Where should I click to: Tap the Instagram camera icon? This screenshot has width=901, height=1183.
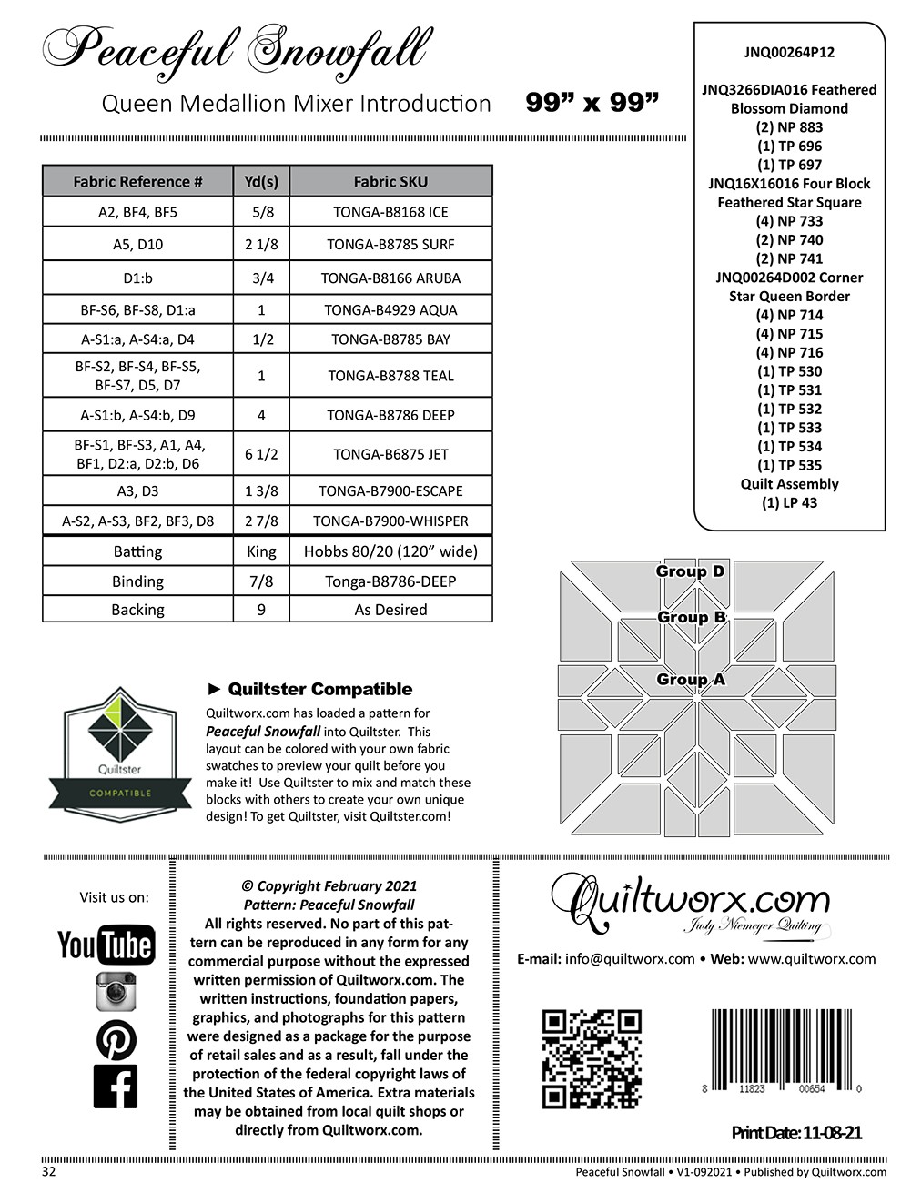pos(116,991)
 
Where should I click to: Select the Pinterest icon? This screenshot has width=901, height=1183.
pos(116,1039)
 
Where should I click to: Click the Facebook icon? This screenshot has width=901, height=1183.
pos(116,1087)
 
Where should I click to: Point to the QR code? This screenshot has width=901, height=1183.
pos(592,1058)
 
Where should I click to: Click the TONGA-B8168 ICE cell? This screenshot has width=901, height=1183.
pos(390,212)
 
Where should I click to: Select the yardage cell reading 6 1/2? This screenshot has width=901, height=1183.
pos(261,454)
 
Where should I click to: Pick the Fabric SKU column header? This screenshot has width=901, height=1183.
pos(390,181)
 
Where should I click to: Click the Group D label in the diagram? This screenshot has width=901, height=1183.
pos(690,571)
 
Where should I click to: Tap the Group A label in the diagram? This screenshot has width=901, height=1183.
pos(691,680)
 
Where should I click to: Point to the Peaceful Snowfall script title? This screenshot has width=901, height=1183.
pos(235,49)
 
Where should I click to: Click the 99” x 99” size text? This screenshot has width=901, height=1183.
pos(592,103)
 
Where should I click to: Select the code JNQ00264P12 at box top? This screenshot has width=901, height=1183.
pos(789,53)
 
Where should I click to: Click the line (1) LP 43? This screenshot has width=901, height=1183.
pos(789,503)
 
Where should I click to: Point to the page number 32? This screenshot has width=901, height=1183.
pos(49,1171)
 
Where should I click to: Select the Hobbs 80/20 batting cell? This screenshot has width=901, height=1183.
pos(390,551)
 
